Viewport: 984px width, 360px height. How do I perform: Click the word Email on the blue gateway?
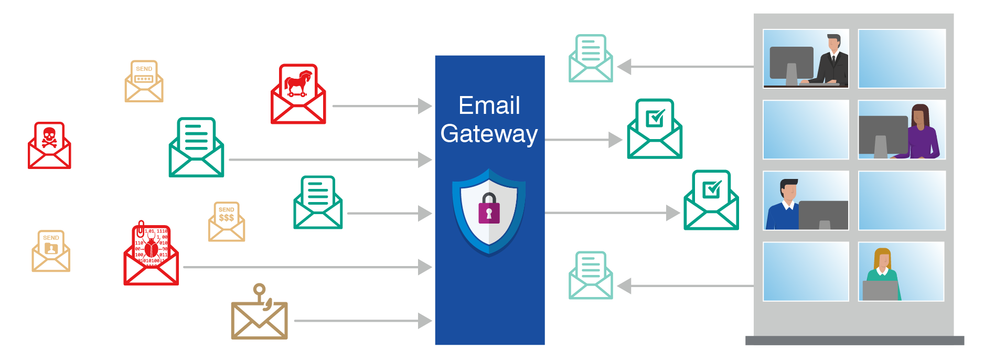click(x=489, y=105)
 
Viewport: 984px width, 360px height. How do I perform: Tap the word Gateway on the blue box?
click(x=489, y=134)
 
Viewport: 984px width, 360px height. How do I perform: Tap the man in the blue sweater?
click(x=784, y=205)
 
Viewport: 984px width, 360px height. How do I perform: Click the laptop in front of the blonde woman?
click(x=880, y=291)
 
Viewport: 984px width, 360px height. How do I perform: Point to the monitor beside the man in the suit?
click(x=791, y=63)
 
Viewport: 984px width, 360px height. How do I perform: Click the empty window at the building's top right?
click(x=902, y=58)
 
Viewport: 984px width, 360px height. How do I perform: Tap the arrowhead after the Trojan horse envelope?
click(x=425, y=106)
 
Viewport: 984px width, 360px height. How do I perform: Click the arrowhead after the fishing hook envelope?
click(x=425, y=321)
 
